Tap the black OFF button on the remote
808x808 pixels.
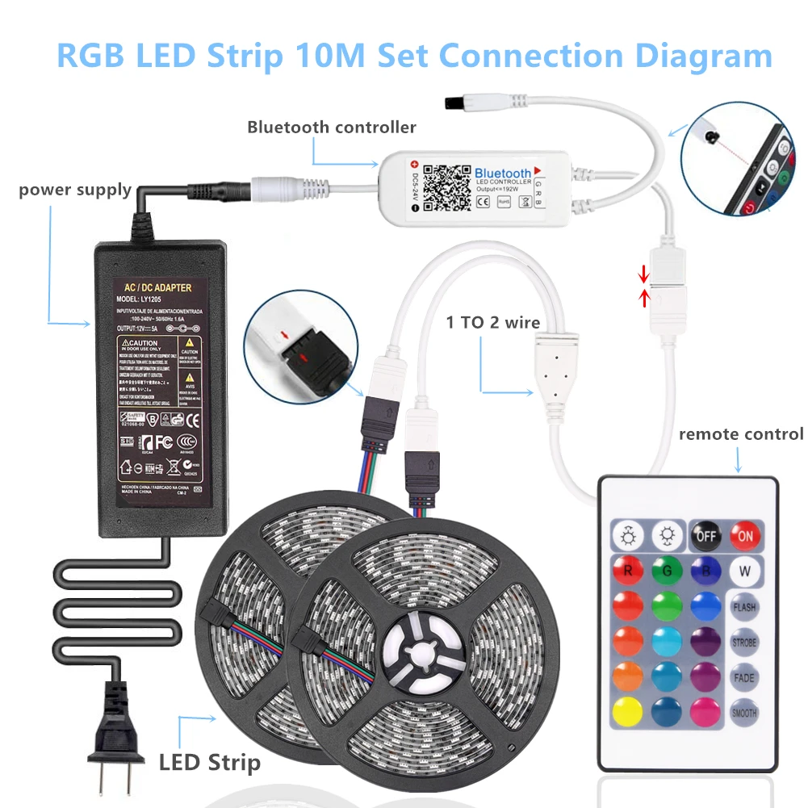[x=705, y=534]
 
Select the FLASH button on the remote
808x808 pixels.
[x=744, y=606]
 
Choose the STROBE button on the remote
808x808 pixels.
[x=744, y=643]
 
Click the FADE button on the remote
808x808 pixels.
[x=744, y=677]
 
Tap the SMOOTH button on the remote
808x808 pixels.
[x=744, y=712]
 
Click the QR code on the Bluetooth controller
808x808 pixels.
[x=446, y=187]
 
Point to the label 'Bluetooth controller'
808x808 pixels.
[x=332, y=127]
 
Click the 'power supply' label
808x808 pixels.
[x=75, y=190]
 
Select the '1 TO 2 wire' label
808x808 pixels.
[x=493, y=323]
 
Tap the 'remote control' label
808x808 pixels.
[x=741, y=434]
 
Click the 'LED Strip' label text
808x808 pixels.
[x=209, y=762]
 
